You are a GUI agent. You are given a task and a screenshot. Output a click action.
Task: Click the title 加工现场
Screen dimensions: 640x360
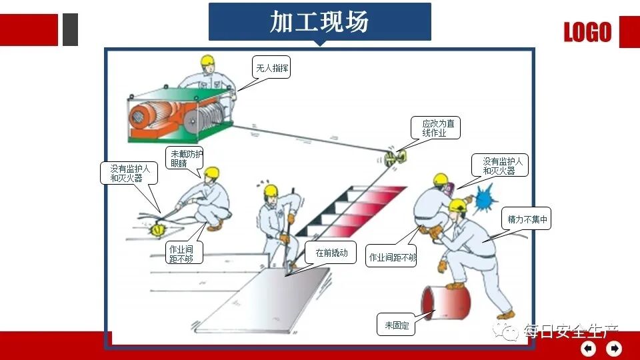pyautogui.click(x=319, y=21)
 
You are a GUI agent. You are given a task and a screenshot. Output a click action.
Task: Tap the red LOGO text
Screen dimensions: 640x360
pyautogui.click(x=587, y=32)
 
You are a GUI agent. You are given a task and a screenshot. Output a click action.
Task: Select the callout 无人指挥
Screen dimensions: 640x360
pyautogui.click(x=272, y=67)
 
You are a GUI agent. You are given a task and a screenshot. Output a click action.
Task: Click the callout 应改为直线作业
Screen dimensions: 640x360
pyautogui.click(x=438, y=128)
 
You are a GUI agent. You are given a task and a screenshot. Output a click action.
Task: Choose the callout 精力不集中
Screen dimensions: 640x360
pyautogui.click(x=527, y=219)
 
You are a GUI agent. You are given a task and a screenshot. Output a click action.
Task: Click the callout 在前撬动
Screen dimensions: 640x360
pyautogui.click(x=331, y=253)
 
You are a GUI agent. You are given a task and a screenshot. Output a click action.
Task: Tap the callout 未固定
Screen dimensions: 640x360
pyautogui.click(x=396, y=326)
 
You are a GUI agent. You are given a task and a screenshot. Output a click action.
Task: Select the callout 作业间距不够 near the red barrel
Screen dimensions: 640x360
pyautogui.click(x=393, y=257)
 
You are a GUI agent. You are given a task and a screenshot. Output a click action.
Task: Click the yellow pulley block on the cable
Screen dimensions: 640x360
pyautogui.click(x=394, y=158)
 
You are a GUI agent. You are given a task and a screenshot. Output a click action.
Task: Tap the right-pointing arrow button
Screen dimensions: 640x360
pyautogui.click(x=614, y=349)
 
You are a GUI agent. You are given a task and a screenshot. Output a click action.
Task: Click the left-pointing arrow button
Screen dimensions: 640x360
pyautogui.click(x=588, y=349)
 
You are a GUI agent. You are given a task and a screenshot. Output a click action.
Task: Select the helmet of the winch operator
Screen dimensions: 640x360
pyautogui.click(x=207, y=61)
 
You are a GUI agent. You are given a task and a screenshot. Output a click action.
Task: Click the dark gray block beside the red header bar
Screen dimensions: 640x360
pyautogui.click(x=70, y=30)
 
